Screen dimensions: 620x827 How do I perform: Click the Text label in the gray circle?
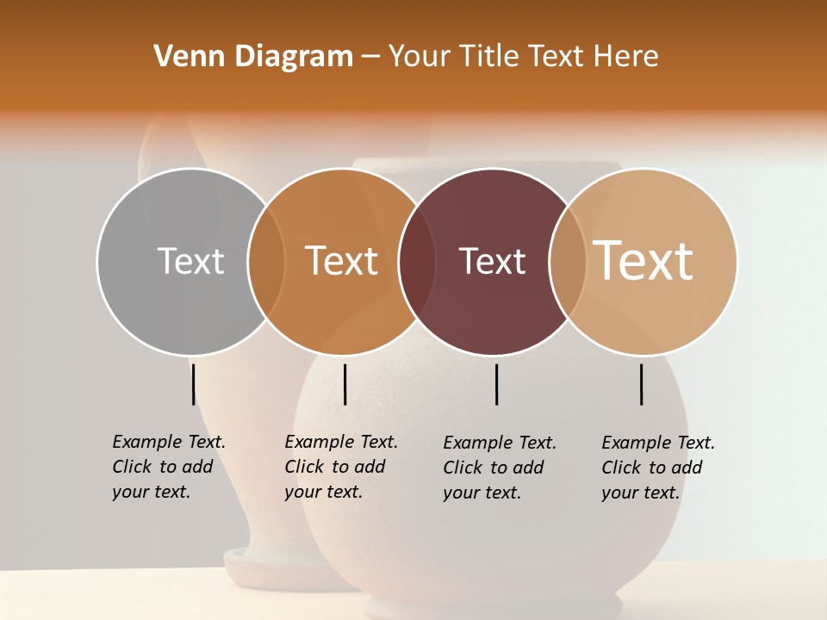(190, 261)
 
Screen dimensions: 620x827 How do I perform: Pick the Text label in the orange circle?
(342, 261)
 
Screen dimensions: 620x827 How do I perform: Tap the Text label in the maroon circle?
(492, 261)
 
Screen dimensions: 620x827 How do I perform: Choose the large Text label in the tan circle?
(644, 261)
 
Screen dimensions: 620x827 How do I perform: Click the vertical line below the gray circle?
(193, 384)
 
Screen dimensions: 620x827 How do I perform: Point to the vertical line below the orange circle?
(345, 384)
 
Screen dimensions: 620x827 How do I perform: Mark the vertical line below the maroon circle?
(496, 384)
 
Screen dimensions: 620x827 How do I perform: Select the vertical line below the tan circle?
(641, 384)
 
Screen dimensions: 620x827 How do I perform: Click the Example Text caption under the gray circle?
(168, 467)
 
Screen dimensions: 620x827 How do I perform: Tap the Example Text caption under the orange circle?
(340, 467)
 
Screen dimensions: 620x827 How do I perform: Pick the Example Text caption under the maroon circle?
(499, 468)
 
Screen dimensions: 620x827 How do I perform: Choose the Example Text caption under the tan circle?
(657, 468)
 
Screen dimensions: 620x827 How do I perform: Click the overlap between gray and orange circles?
(266, 261)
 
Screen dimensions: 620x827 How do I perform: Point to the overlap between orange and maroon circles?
(417, 261)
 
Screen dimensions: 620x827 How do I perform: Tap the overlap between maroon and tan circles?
(568, 261)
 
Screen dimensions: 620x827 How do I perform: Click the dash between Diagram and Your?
(370, 57)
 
